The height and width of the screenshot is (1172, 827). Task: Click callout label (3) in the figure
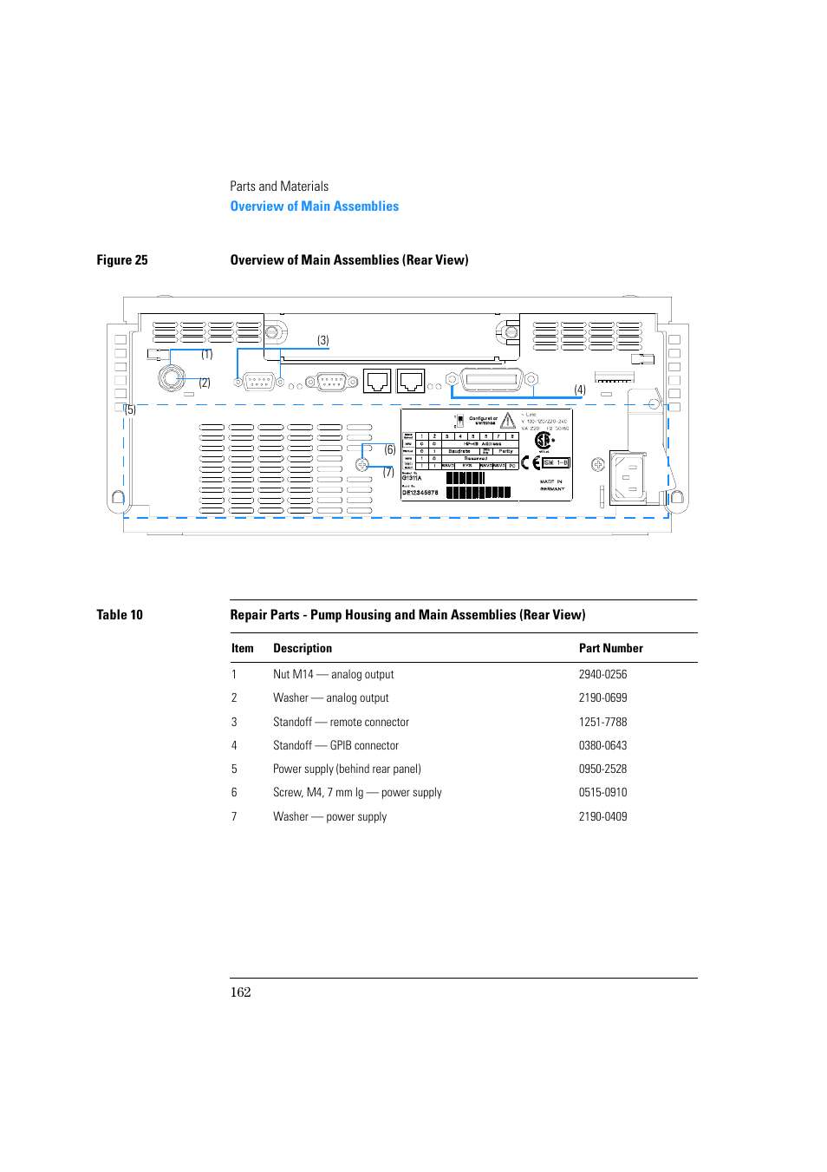pyautogui.click(x=322, y=341)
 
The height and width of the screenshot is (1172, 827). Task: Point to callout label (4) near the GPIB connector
pyautogui.click(x=580, y=390)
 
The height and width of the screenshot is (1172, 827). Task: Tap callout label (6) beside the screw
pyautogui.click(x=390, y=449)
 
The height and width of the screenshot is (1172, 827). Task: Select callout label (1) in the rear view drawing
pyautogui.click(x=207, y=354)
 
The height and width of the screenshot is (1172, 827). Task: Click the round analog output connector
pyautogui.click(x=171, y=377)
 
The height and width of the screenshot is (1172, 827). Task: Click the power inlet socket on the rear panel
pyautogui.click(x=628, y=477)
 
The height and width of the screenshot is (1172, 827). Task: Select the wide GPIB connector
pyautogui.click(x=492, y=379)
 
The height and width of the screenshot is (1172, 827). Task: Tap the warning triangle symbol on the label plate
pyautogui.click(x=508, y=421)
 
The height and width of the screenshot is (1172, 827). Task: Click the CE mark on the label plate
pyautogui.click(x=531, y=463)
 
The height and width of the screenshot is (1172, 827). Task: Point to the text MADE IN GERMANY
pyautogui.click(x=552, y=485)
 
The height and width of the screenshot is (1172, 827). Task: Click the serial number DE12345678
pyautogui.click(x=420, y=493)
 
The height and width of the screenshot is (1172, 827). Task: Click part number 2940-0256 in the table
pyautogui.click(x=602, y=675)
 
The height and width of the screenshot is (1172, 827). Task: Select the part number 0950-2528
pyautogui.click(x=602, y=769)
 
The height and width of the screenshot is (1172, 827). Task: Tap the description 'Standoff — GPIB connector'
pyautogui.click(x=335, y=746)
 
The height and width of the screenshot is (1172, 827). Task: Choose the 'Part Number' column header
pyautogui.click(x=610, y=649)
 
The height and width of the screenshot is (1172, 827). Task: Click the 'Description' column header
pyautogui.click(x=303, y=649)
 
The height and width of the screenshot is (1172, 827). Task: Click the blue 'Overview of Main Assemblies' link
pyautogui.click(x=315, y=206)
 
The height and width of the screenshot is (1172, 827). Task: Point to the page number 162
pyautogui.click(x=240, y=992)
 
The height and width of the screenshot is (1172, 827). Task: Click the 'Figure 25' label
pyautogui.click(x=122, y=260)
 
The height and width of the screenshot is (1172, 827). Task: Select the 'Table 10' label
pyautogui.click(x=120, y=615)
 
